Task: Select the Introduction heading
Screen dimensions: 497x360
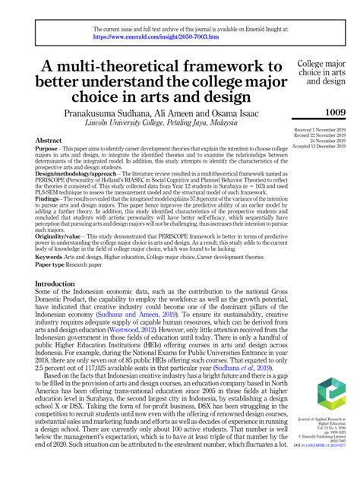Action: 60,262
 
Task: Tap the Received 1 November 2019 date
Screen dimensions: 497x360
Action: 320,131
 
